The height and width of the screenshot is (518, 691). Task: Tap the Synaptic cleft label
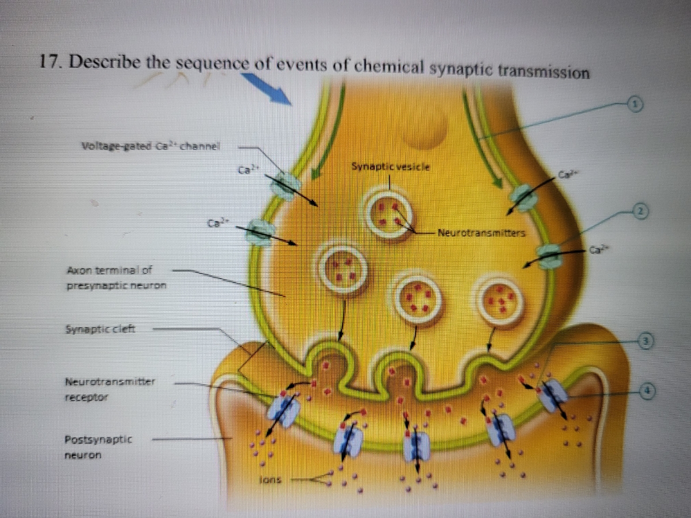point(98,330)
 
